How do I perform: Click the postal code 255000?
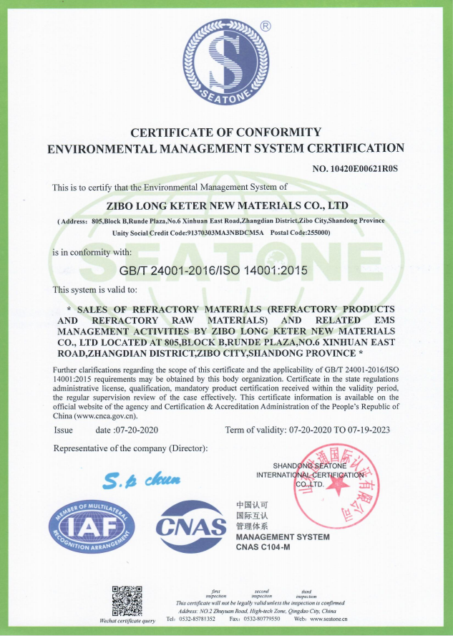(x=315, y=233)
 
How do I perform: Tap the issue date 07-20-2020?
(x=134, y=430)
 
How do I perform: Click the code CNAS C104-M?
(x=269, y=548)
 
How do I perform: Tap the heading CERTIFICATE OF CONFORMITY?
(x=225, y=132)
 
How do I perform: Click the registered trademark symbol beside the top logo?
(x=266, y=26)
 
